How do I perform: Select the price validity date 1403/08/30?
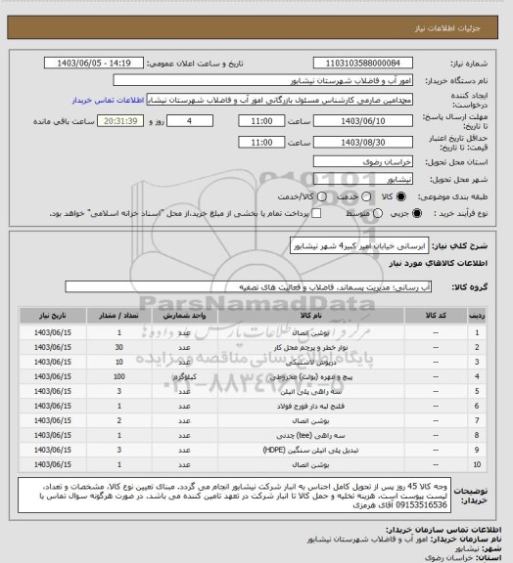click(x=356, y=142)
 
